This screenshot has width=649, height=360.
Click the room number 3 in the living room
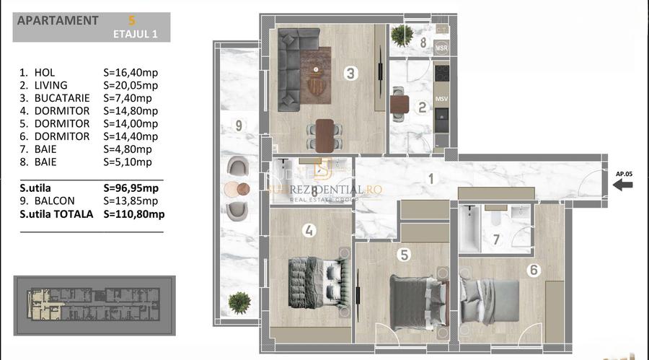click(x=350, y=73)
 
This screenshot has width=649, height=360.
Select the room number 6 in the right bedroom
click(x=533, y=271)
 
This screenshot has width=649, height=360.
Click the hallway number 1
click(x=430, y=179)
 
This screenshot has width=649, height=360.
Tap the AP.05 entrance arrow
click(x=623, y=185)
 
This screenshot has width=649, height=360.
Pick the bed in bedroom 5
click(x=412, y=299)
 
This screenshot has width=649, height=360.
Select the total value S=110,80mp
click(x=134, y=214)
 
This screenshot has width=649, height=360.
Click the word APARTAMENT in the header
click(x=57, y=20)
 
